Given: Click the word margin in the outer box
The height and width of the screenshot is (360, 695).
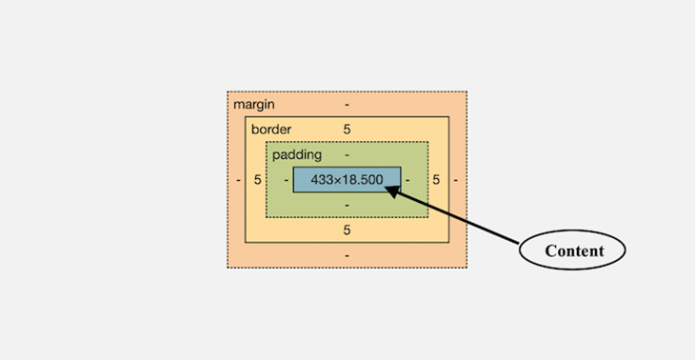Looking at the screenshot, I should [x=254, y=104].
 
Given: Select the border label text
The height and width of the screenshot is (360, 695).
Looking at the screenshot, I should [x=271, y=129].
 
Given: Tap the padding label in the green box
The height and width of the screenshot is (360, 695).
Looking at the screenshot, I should [x=297, y=154].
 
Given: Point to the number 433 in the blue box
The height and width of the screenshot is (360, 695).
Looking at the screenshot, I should [x=326, y=179].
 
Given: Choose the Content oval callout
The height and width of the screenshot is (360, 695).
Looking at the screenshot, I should [x=573, y=250].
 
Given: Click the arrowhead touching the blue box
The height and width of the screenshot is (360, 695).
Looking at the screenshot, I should [x=393, y=191].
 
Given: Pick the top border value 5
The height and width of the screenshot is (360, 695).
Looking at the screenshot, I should [x=347, y=129].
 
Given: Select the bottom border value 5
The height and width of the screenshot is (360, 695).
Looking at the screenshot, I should [x=347, y=230].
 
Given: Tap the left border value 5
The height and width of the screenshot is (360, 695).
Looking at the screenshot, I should [x=257, y=179].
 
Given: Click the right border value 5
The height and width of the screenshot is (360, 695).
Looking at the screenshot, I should [x=436, y=179].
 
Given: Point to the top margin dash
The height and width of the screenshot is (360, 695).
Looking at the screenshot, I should [x=347, y=104].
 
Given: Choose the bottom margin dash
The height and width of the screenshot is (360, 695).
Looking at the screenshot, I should [x=347, y=255].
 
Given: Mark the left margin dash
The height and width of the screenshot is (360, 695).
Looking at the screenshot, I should [x=238, y=179].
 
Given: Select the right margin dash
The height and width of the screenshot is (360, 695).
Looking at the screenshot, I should [x=456, y=179].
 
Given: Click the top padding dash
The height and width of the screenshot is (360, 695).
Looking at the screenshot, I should [x=347, y=154].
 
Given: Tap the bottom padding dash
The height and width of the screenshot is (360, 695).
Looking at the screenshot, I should [x=347, y=205].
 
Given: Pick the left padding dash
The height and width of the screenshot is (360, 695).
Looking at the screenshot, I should [x=285, y=179].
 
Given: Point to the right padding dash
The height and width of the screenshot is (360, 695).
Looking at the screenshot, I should [x=408, y=179].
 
